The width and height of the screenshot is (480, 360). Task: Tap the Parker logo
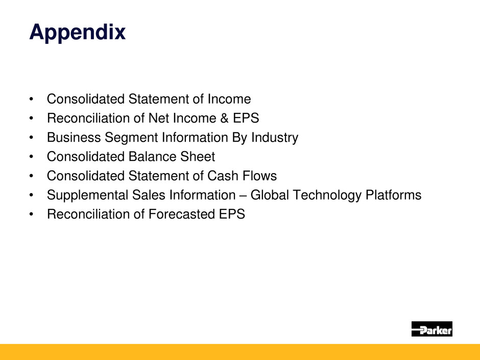click(431, 329)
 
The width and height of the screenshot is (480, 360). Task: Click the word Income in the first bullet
click(229, 99)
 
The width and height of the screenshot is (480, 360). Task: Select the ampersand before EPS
click(224, 118)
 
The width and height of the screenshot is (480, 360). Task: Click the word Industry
click(275, 138)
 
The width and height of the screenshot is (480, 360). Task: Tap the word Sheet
click(198, 157)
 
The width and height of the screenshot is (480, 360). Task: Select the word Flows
click(259, 176)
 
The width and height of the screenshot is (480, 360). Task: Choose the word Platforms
click(393, 195)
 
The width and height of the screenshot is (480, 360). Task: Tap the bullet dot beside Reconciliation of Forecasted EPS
click(31, 214)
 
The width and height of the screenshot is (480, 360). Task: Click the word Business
click(74, 137)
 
